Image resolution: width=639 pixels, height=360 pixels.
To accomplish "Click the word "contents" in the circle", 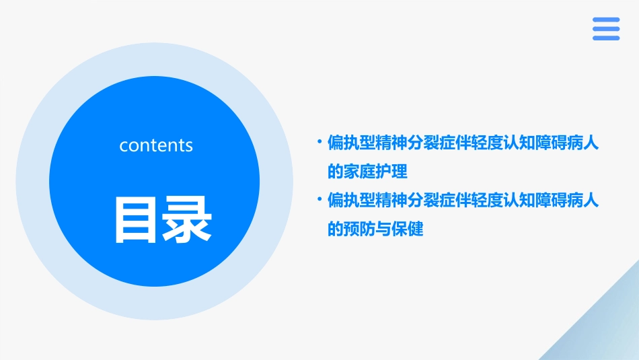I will point(156,145).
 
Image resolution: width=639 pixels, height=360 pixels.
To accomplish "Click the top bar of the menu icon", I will point(606,20).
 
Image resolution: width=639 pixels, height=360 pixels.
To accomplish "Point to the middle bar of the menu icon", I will point(606,29).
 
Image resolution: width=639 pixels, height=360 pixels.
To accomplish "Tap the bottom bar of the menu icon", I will point(606,38).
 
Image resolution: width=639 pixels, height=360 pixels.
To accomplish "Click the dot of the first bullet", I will point(319,143).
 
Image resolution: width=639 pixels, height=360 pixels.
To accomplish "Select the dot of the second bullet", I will point(319,200).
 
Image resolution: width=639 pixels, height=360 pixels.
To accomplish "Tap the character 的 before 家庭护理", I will point(335,172).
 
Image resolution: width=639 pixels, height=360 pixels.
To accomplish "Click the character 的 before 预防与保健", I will point(335,229).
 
